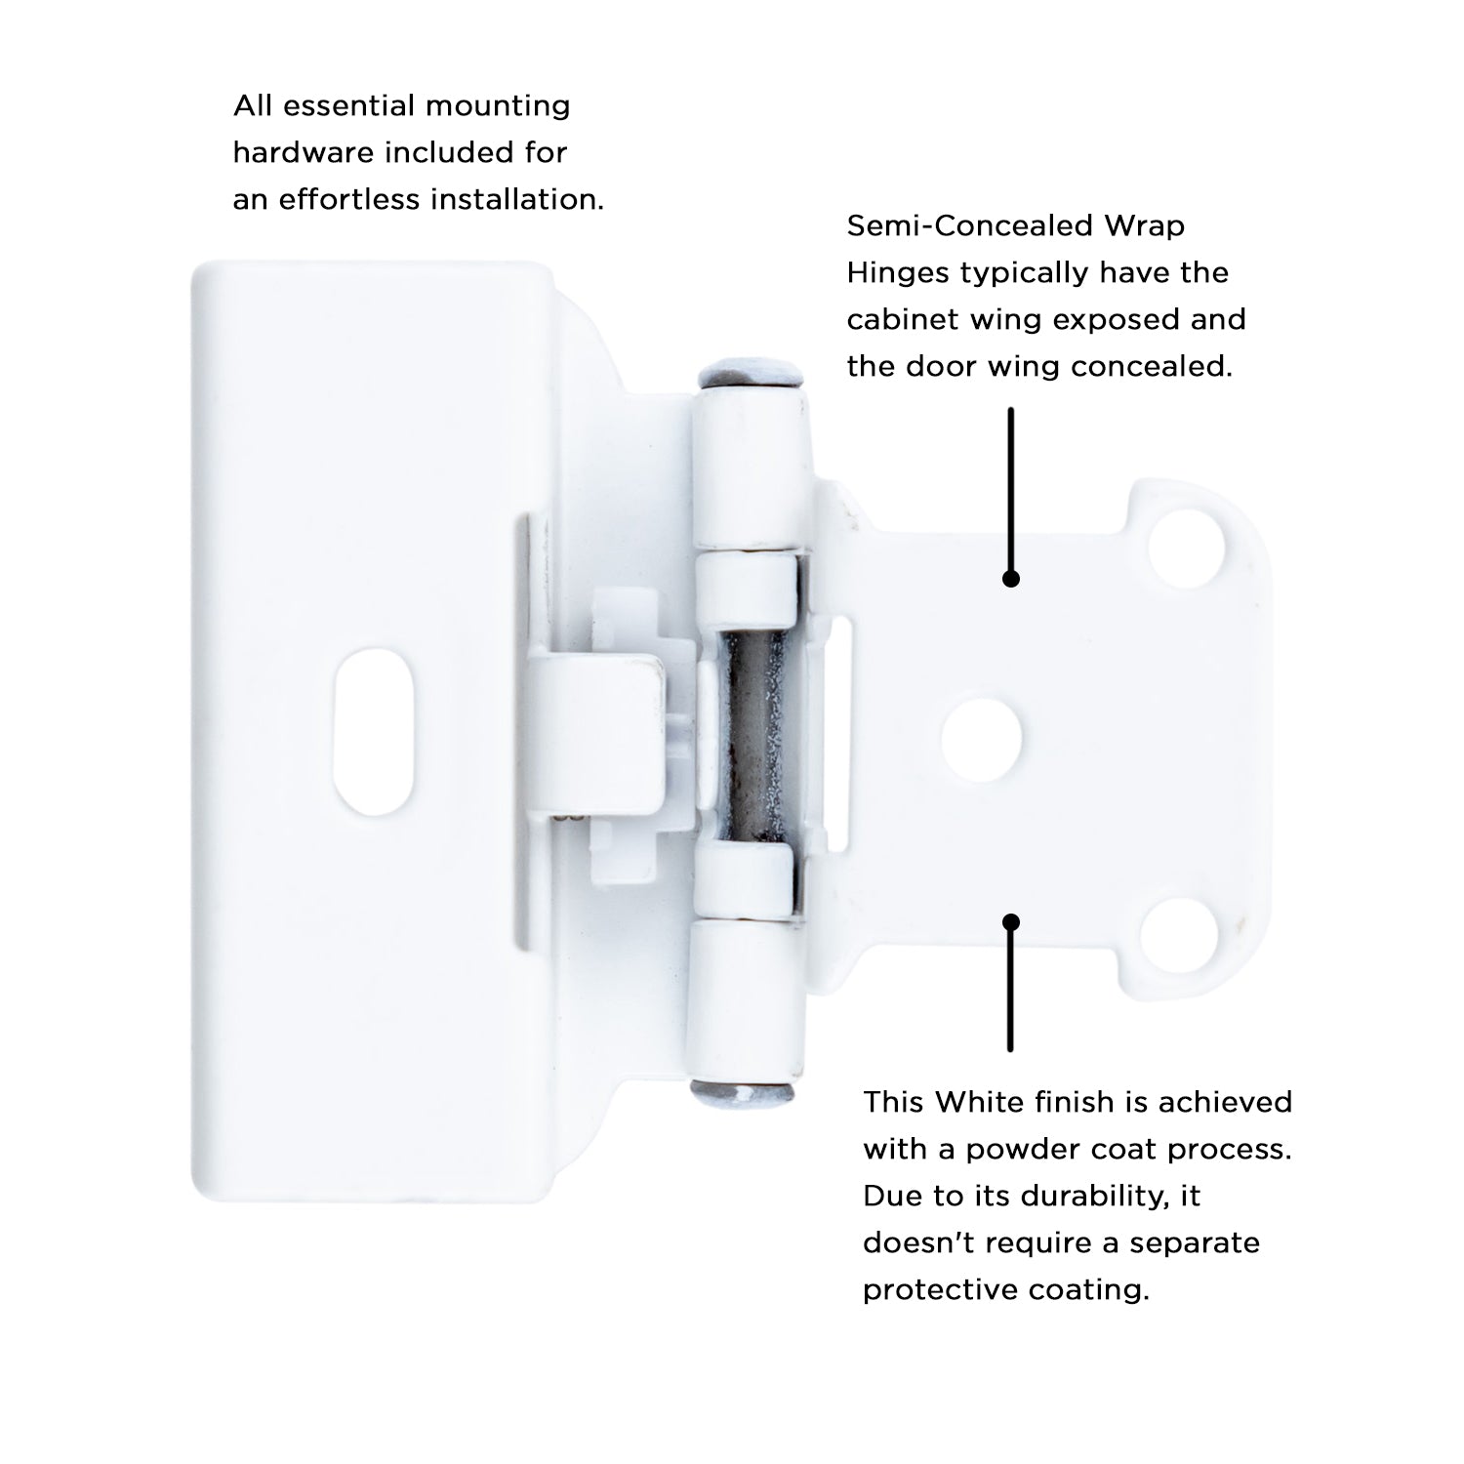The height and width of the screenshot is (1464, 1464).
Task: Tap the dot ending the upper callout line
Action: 1011,579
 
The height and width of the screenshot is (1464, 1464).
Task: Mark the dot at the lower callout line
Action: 1011,922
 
